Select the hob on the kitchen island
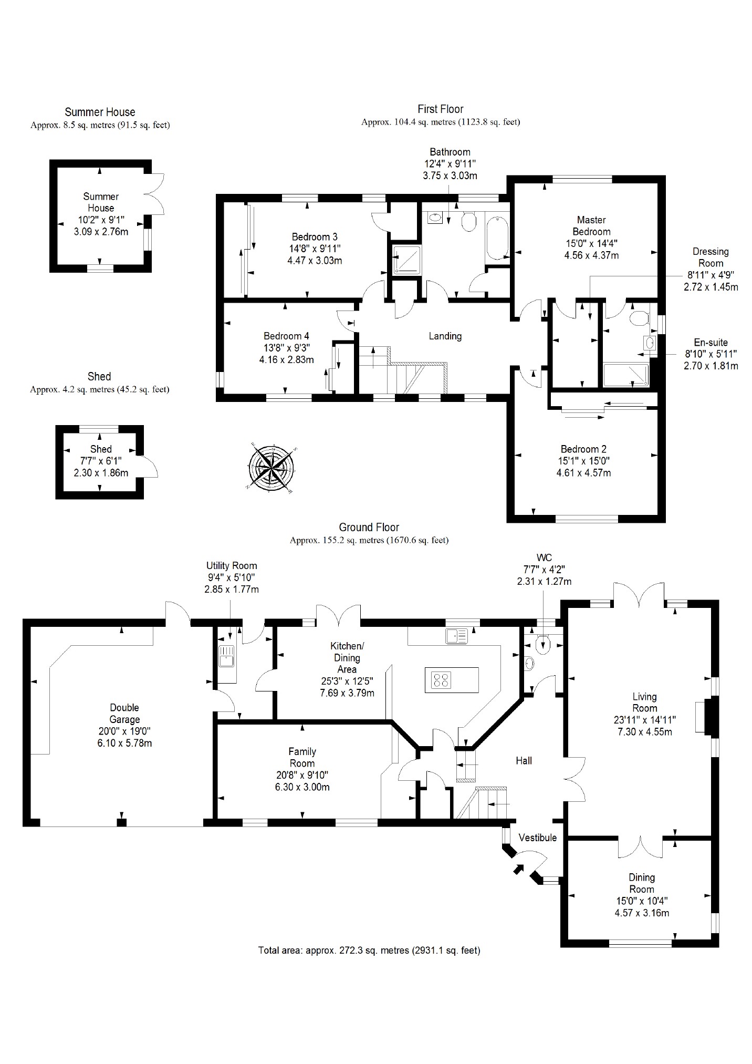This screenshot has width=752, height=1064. (x=441, y=680)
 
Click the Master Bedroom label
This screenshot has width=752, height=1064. (x=591, y=225)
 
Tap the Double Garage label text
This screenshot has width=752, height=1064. (x=124, y=714)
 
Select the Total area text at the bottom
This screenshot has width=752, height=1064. (x=369, y=950)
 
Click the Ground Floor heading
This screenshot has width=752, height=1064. (x=369, y=527)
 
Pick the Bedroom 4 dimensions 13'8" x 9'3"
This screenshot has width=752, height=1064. (x=286, y=348)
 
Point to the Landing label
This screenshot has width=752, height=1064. (x=445, y=336)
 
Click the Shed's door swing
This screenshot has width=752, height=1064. (x=149, y=467)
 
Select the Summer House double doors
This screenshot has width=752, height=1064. (x=155, y=195)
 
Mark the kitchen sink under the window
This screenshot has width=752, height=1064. (x=456, y=636)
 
